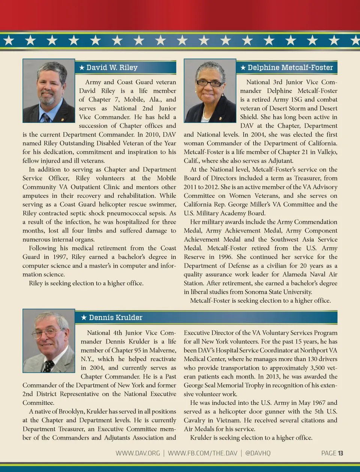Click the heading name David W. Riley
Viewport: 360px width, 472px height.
coord(112,67)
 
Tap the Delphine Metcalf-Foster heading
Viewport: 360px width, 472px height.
coord(290,67)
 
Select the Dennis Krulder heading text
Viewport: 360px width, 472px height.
coord(115,317)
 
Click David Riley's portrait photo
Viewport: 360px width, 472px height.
coord(49,91)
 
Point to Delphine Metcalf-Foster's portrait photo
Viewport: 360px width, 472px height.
coord(210,91)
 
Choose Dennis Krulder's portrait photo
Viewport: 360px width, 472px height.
coord(49,341)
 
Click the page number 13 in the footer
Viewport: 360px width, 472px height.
coord(340,453)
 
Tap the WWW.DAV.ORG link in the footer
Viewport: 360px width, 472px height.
coord(138,453)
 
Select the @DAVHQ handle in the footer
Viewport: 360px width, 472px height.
coord(258,453)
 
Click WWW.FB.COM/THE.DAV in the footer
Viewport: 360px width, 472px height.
coord(202,453)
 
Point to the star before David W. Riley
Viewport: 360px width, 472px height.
coord(82,68)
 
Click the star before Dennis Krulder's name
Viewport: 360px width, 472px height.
coord(84,318)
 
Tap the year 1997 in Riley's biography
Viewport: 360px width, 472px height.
coord(60,257)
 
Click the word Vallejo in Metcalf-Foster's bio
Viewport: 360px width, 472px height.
coord(327,152)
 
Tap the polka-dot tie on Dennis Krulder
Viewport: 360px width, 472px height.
coord(48,366)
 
